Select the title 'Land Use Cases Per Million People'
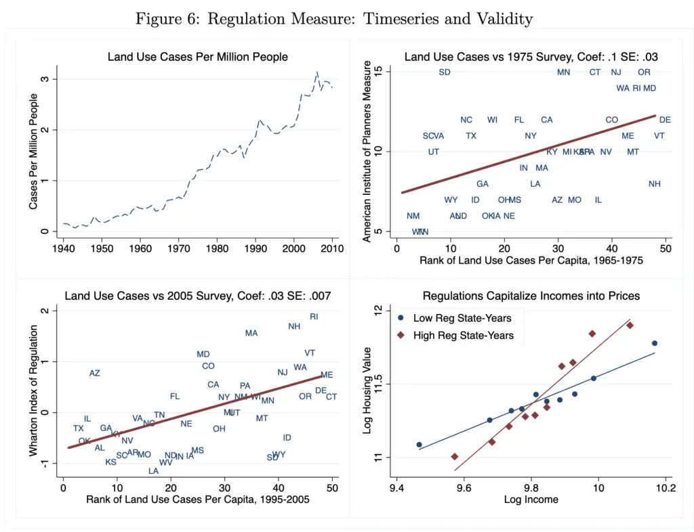point(197,57)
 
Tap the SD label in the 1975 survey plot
point(445,72)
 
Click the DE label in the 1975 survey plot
point(665,120)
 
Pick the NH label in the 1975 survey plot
point(654,183)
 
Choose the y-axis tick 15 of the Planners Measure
point(388,72)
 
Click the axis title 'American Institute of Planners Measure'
point(368,151)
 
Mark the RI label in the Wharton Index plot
point(314,317)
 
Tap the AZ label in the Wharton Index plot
point(95,373)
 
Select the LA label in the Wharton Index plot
point(154,471)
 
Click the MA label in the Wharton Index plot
point(251,333)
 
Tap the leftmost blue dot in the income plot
point(419,445)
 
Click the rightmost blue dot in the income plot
point(655,343)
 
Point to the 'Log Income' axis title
point(531,500)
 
